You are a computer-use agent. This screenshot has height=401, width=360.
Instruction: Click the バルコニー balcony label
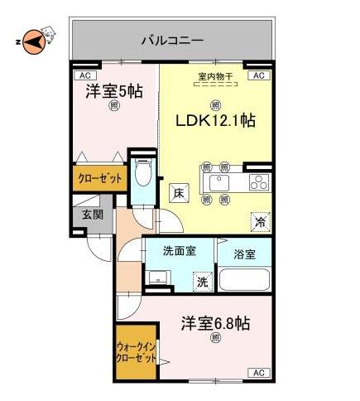(172, 41)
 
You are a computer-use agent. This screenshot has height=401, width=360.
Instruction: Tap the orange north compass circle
(34, 42)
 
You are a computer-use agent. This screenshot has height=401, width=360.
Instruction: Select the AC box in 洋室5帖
(84, 75)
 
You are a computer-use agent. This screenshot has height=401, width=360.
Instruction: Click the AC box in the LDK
(259, 75)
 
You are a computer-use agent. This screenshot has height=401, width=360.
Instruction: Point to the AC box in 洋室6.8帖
(259, 373)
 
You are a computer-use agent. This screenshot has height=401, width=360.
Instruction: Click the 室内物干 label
(215, 76)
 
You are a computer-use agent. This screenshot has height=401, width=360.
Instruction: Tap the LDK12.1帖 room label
(215, 121)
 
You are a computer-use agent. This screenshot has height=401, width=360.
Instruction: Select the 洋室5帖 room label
(114, 91)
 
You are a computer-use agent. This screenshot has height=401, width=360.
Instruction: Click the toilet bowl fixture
(142, 173)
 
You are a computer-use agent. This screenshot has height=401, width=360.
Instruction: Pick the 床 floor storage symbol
(179, 192)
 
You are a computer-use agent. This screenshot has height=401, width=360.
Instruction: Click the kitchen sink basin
(219, 182)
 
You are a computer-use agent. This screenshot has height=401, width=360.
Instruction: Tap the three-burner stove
(259, 182)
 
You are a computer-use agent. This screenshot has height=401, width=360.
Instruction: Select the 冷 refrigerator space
(260, 222)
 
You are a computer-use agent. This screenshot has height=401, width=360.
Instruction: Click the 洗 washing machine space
(203, 282)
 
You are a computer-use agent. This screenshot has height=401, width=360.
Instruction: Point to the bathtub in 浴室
(244, 278)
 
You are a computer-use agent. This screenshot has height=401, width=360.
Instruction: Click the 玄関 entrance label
(93, 215)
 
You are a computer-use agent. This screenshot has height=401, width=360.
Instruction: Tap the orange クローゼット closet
(100, 178)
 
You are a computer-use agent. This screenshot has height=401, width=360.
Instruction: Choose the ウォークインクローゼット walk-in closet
(136, 352)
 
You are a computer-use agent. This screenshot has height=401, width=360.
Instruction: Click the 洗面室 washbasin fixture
(158, 278)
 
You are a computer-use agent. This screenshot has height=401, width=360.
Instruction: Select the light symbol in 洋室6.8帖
(215, 338)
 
